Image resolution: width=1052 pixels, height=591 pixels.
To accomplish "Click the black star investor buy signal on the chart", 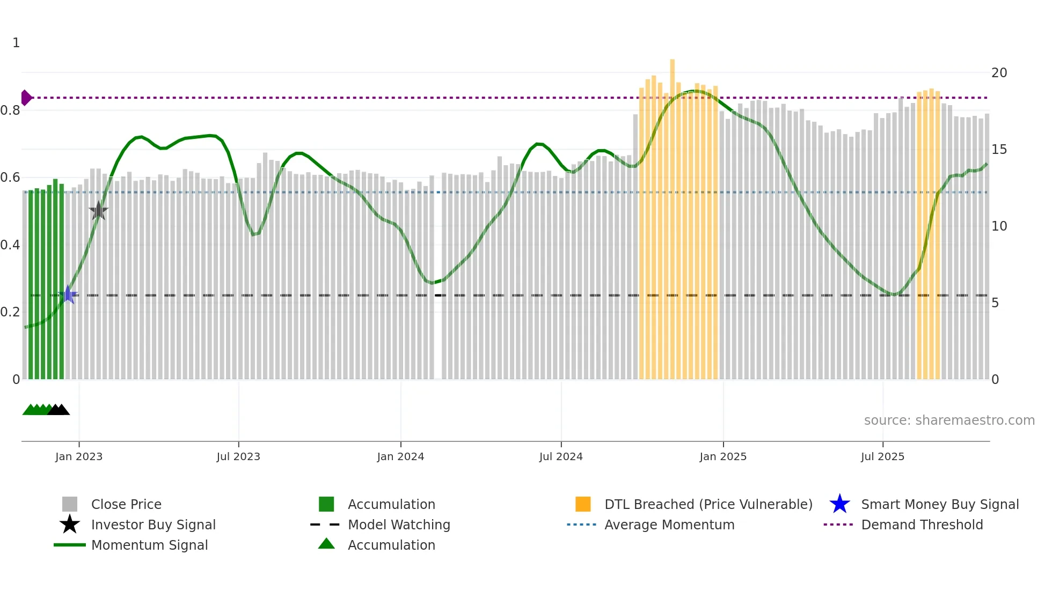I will (98, 211).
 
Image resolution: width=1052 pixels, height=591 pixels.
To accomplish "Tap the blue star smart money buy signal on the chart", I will (68, 294).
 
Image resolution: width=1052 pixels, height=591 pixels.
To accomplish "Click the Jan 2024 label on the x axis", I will (400, 456).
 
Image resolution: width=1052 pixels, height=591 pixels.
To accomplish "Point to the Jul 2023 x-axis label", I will (238, 456).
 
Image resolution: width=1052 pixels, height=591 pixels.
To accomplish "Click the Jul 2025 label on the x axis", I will (882, 456).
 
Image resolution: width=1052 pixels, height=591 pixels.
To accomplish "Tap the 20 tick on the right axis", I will (999, 73).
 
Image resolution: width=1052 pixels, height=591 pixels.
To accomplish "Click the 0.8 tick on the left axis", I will (10, 110).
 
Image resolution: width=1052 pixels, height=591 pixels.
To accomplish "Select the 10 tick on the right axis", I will (999, 226).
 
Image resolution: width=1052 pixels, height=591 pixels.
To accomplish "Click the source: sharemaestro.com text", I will (949, 420).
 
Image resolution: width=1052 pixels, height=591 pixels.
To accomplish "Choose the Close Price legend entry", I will (126, 504).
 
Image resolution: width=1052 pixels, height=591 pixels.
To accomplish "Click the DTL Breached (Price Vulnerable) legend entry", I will (708, 504).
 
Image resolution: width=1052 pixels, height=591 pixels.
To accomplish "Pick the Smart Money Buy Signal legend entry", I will (939, 504).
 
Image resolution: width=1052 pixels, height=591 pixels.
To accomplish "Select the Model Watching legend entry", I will (398, 524).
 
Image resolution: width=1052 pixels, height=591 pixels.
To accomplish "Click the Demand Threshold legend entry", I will (922, 524).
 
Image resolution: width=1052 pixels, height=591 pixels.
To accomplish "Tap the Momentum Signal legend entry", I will (149, 545).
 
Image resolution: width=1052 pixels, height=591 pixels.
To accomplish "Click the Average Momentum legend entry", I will (669, 524).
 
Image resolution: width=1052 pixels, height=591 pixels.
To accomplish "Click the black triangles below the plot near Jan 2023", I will (59, 410).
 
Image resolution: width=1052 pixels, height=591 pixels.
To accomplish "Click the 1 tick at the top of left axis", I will (16, 43).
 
